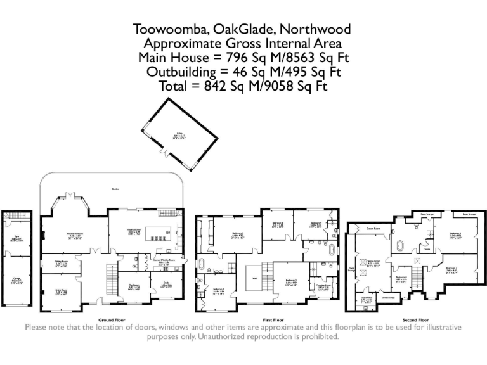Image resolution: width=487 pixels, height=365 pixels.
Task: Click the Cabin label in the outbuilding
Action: point(179,134)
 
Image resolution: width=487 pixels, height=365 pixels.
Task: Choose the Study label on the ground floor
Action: point(166,285)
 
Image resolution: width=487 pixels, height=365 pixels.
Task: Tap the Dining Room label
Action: point(61,262)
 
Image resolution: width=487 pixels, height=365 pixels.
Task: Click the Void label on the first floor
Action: point(254,277)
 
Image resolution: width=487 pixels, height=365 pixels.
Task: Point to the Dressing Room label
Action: point(324,287)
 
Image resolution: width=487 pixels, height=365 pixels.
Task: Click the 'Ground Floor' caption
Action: point(112,320)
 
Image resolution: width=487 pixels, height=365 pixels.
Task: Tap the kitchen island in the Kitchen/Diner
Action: point(156,236)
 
